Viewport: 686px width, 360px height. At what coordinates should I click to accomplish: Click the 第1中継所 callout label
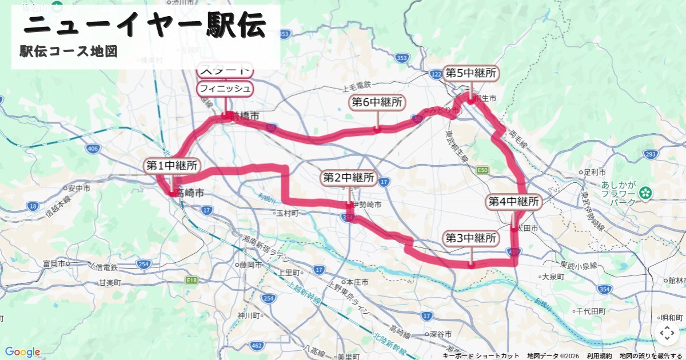172,166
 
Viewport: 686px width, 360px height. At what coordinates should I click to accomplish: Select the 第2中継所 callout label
349,178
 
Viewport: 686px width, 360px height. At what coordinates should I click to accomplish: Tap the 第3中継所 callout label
470,238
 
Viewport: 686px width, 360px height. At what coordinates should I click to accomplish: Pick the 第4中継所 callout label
514,202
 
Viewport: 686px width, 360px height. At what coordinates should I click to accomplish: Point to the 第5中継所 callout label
471,73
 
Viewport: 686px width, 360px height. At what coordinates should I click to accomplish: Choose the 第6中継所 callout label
377,103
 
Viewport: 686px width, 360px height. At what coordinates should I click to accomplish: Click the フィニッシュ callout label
225,88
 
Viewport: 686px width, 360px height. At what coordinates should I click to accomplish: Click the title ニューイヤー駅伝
146,26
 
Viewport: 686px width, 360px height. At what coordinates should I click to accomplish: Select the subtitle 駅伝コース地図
69,51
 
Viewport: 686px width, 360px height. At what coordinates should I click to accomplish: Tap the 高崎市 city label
190,194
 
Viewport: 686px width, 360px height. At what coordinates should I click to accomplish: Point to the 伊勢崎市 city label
366,204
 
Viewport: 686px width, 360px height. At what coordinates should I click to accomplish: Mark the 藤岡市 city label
251,265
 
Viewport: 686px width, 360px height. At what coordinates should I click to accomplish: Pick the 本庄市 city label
357,282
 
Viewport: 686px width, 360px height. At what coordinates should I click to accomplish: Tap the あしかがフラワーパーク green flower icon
646,193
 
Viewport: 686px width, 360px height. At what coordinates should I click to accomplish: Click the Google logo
22,352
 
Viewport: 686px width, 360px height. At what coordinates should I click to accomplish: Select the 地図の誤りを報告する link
651,355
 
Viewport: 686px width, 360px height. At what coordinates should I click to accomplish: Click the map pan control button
667,333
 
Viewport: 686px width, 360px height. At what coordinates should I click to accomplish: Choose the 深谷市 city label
441,334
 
